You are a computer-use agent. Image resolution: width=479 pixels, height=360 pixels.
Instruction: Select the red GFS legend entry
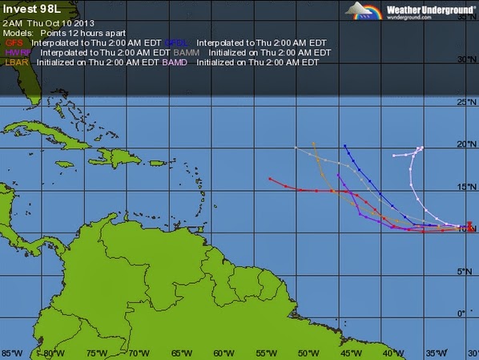click(14, 41)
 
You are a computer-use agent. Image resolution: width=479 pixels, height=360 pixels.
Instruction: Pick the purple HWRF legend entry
click(16, 51)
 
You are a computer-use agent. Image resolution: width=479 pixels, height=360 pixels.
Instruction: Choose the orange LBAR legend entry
click(16, 62)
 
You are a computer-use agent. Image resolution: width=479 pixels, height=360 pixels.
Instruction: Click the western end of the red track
click(271, 178)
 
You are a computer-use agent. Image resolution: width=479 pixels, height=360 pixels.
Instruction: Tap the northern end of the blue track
click(344, 146)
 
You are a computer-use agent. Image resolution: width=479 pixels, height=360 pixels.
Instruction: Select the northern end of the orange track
click(313, 144)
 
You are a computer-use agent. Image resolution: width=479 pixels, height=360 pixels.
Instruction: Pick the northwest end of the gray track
click(296, 148)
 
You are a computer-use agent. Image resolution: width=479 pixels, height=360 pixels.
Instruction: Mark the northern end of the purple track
click(338, 176)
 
